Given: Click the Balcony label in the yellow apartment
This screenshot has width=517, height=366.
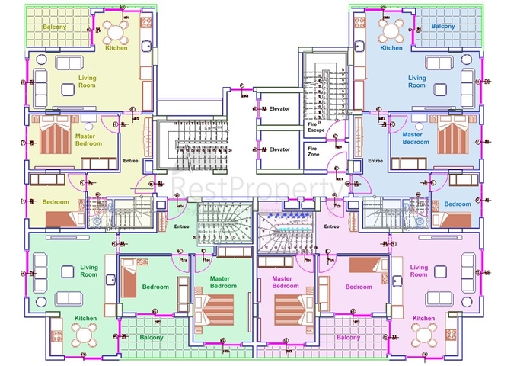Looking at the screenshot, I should point(54,27).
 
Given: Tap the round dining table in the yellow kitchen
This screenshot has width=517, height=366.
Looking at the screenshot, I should point(116,30).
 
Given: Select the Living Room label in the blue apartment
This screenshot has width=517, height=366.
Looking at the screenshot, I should point(416,81).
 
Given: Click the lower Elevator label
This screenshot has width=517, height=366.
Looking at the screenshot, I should point(279,149).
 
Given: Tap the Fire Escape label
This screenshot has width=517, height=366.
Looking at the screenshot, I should point(316,127).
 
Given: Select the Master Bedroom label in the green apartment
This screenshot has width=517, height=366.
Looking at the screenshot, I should point(223,282).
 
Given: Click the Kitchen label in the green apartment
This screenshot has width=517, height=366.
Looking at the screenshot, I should point(85,318).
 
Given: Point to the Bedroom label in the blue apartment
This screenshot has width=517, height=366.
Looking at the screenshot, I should point(457,204).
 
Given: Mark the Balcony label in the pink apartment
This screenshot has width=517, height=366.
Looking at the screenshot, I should point(347,337).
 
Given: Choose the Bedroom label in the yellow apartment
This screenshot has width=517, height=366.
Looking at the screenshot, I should point(56,202).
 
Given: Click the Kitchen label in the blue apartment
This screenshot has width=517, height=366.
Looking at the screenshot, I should point(391,48).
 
